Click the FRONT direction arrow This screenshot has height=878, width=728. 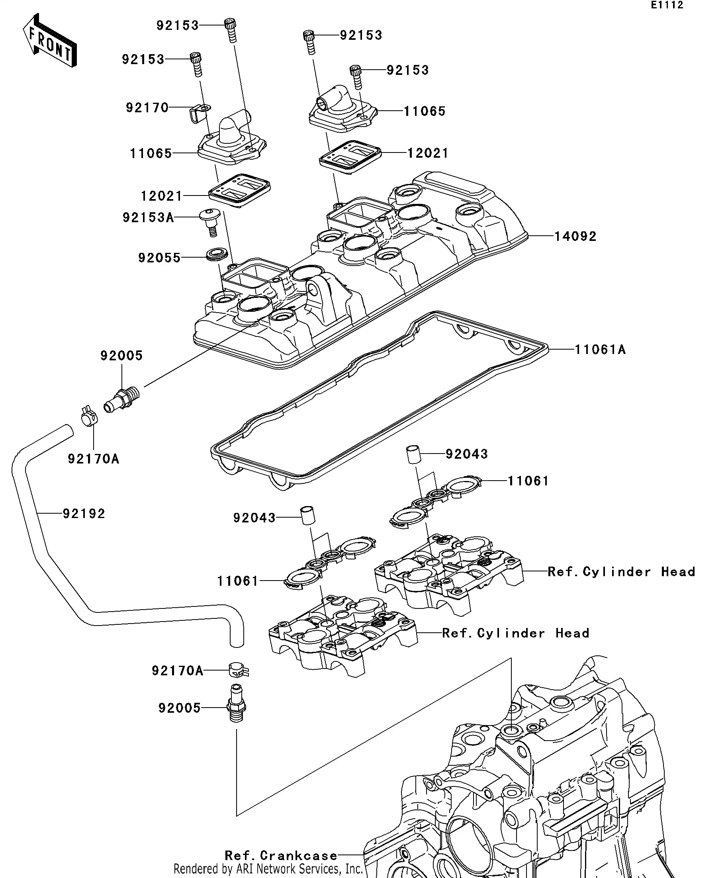(x=49, y=41)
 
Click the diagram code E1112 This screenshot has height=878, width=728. (x=667, y=5)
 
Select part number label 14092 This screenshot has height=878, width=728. (x=575, y=236)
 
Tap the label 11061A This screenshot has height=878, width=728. (x=600, y=350)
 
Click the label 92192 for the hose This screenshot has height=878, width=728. (x=84, y=513)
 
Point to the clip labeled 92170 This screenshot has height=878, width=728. (x=199, y=113)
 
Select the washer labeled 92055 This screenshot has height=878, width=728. (x=217, y=254)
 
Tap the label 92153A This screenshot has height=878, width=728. (x=148, y=217)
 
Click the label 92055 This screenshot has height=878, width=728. (x=159, y=258)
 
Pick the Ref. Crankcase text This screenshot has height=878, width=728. (x=281, y=855)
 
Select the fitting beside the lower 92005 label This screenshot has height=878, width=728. (x=236, y=706)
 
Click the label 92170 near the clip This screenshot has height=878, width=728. (x=147, y=108)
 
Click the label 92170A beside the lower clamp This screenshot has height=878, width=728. (x=177, y=671)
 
